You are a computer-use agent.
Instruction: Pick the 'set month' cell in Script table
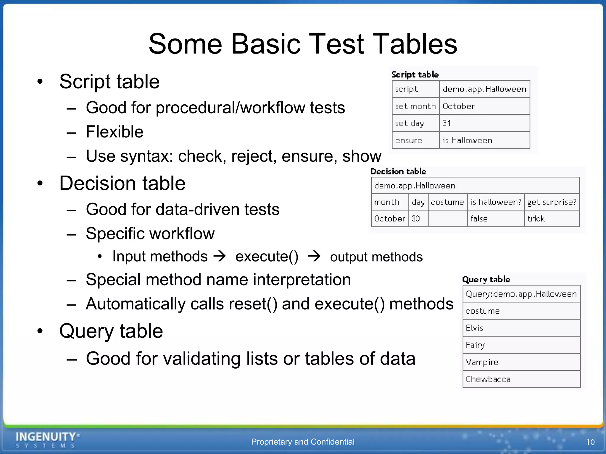point(415,106)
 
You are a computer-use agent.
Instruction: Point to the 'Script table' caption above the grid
point(415,74)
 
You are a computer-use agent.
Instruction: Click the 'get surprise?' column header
point(552,202)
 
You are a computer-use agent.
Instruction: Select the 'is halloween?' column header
point(496,202)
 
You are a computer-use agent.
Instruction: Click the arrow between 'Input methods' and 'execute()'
point(220,256)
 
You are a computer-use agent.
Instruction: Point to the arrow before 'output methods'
point(314,256)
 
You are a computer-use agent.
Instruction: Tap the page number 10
point(590,442)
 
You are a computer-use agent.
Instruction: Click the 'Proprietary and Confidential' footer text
point(303,442)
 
